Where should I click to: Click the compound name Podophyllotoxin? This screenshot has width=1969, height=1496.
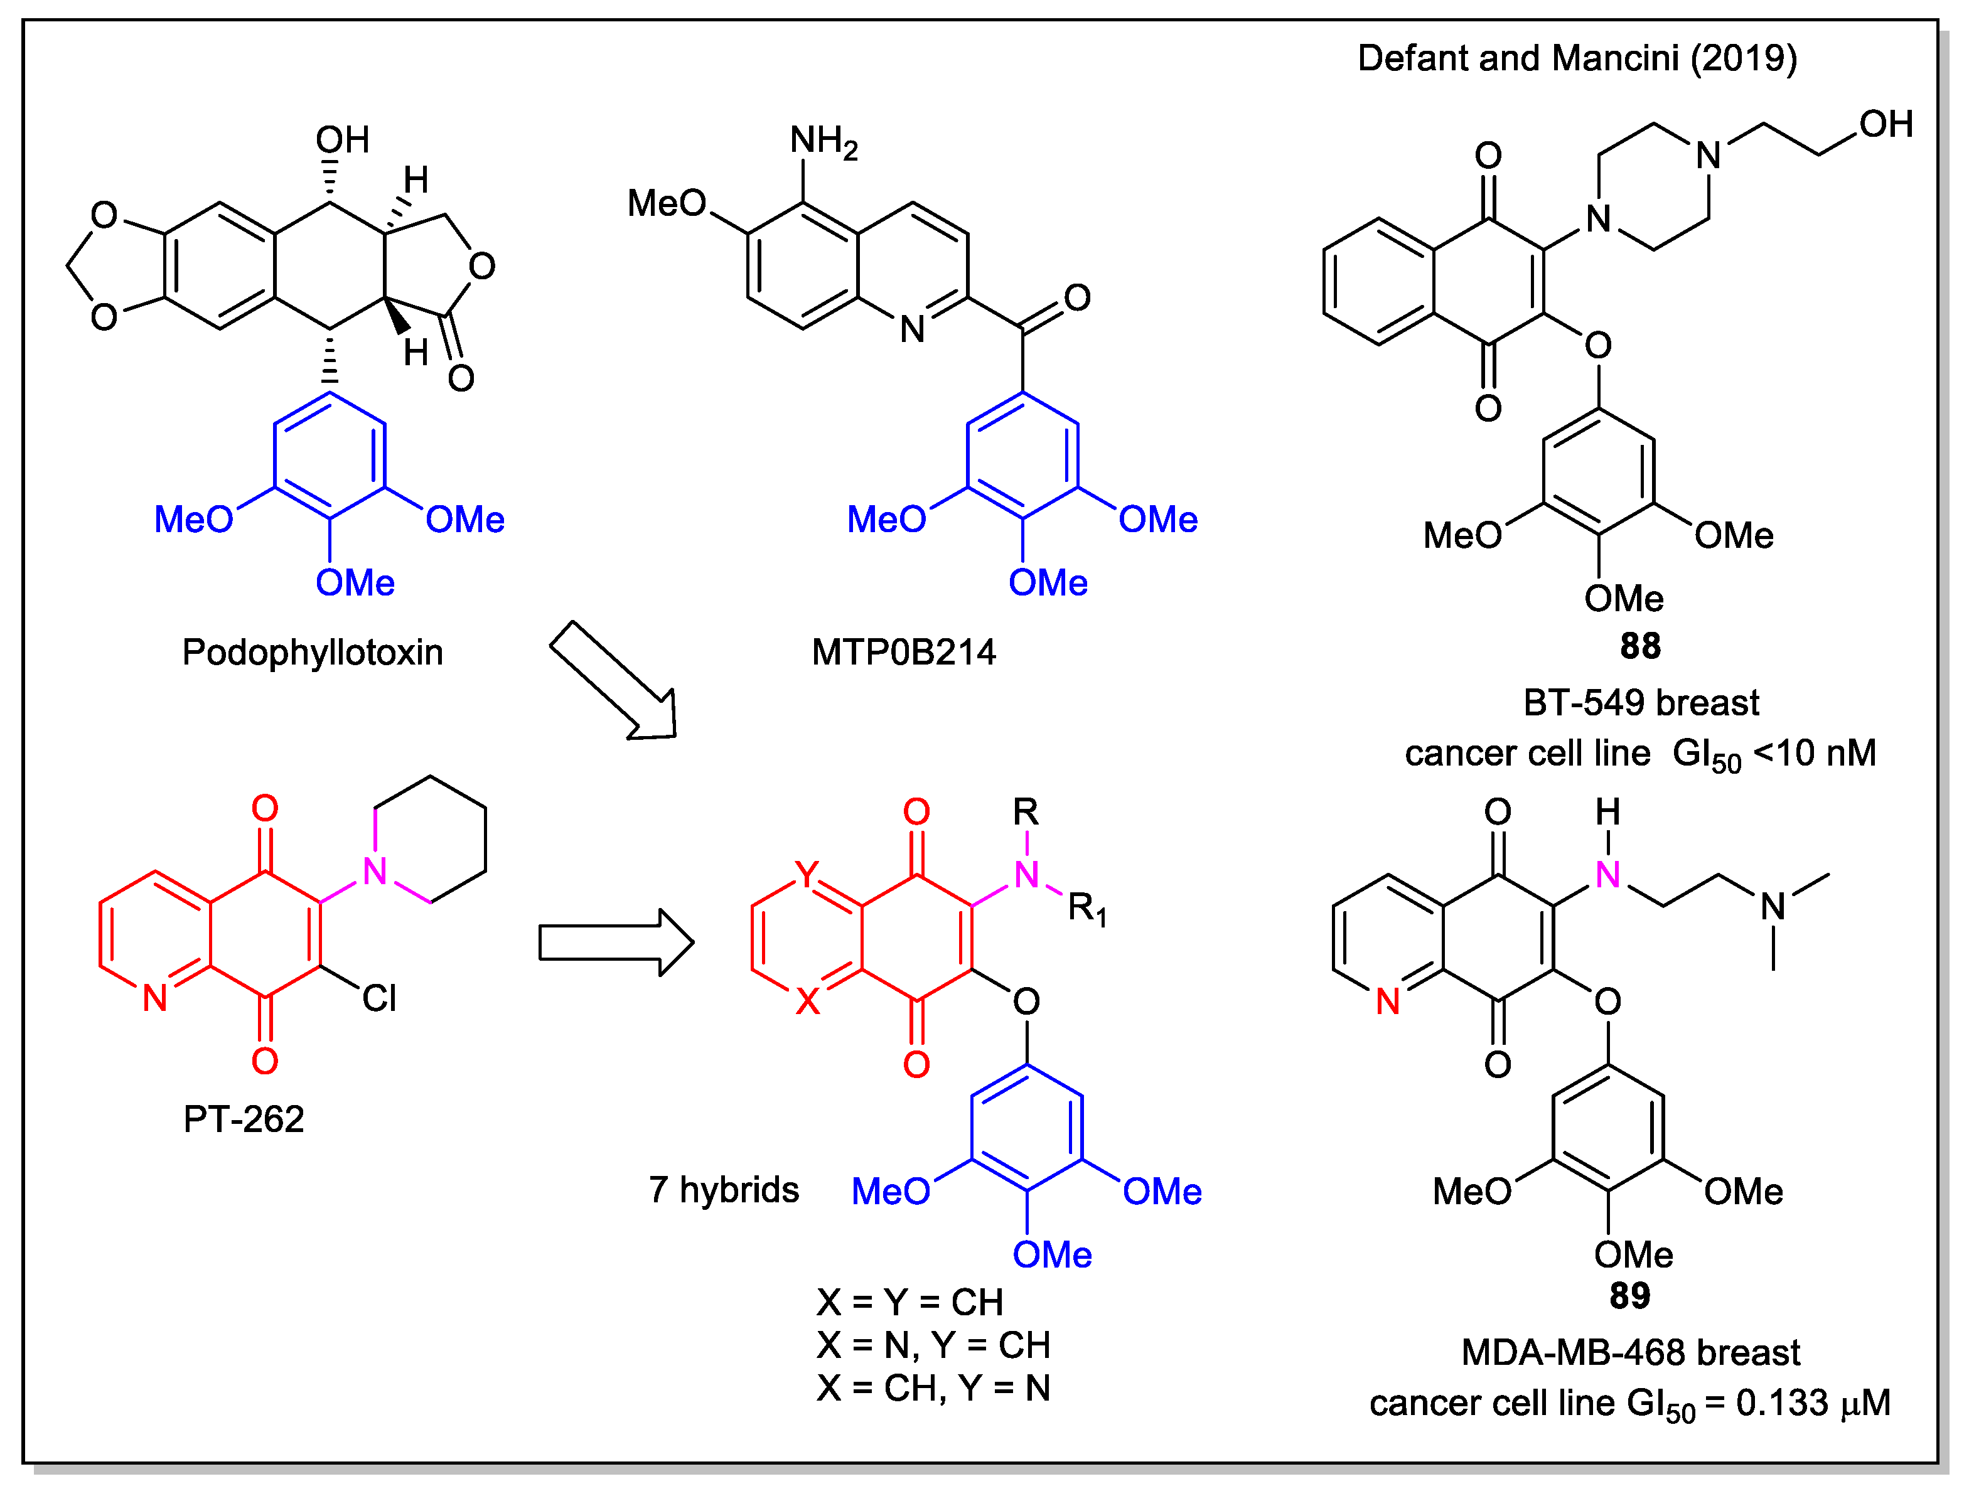(x=313, y=653)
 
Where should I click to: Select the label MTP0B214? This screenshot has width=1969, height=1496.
(x=903, y=653)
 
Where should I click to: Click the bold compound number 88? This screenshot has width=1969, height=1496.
(x=1639, y=646)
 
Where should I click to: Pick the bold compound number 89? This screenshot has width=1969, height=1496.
(x=1629, y=1296)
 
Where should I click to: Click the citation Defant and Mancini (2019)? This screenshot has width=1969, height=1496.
(x=1577, y=59)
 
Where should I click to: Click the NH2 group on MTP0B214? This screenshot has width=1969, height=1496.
(x=823, y=142)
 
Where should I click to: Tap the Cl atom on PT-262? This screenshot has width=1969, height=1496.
(x=378, y=998)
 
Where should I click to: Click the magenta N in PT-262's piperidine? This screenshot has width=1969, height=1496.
(x=375, y=872)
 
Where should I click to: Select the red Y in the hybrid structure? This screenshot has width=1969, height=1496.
(x=806, y=875)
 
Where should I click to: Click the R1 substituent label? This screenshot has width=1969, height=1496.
(x=1086, y=909)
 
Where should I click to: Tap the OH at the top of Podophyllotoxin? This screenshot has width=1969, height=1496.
(x=342, y=140)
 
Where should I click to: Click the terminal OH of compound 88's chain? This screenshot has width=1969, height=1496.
(x=1886, y=125)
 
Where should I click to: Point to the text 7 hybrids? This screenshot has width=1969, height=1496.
(x=723, y=1190)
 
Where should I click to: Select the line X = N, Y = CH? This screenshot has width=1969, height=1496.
(x=932, y=1345)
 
